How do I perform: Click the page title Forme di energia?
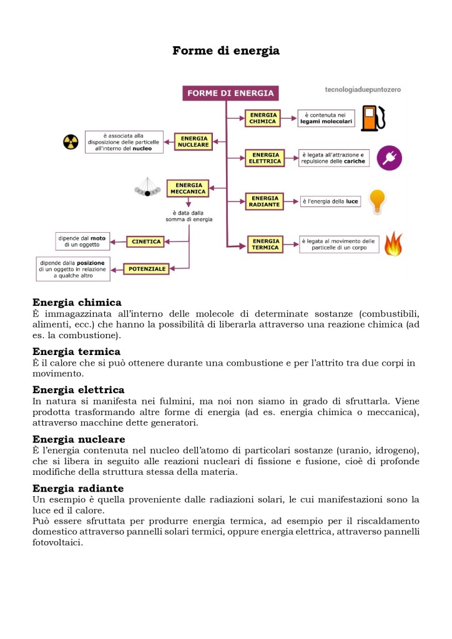click(x=225, y=51)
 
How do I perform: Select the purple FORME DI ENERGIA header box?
click(x=230, y=94)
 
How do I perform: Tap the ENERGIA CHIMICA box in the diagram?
click(x=263, y=119)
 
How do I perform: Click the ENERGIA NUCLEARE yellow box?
click(x=194, y=141)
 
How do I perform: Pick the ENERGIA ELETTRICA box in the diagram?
click(x=265, y=158)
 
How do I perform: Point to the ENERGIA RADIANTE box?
click(x=264, y=202)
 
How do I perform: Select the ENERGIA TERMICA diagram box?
click(x=266, y=244)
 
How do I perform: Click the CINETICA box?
click(x=145, y=241)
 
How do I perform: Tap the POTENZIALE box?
click(x=147, y=269)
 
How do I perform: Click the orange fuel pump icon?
click(x=373, y=119)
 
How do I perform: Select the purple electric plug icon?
click(x=390, y=158)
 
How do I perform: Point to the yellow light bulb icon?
click(x=376, y=202)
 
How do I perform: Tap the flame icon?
click(x=393, y=244)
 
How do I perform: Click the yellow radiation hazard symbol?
click(x=71, y=142)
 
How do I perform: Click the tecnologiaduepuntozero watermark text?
click(x=363, y=90)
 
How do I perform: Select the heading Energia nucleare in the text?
click(x=79, y=439)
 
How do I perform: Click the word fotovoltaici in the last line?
click(x=57, y=542)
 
